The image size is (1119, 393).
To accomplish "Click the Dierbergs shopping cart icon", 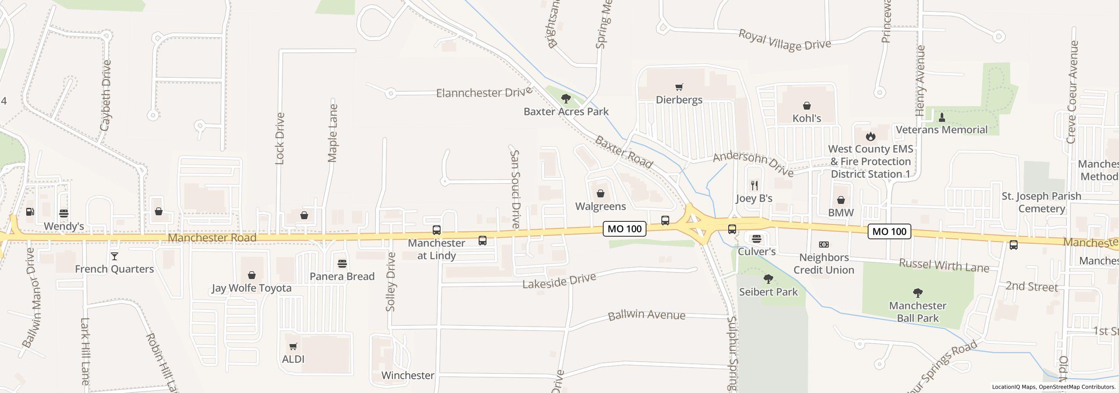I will click(x=679, y=87).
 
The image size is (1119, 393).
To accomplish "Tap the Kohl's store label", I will click(x=806, y=118).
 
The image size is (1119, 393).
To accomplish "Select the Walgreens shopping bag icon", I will click(x=601, y=193).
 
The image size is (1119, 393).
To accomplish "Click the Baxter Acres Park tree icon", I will click(x=566, y=99).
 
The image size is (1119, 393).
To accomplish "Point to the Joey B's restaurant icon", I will click(x=754, y=186).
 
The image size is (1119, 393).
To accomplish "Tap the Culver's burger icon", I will click(x=757, y=239).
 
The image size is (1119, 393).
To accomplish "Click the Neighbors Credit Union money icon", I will click(x=824, y=245).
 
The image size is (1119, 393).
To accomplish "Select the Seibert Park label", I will click(x=768, y=292).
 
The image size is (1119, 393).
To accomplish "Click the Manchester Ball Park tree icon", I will click(x=917, y=293).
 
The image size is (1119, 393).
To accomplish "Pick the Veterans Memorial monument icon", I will click(x=942, y=117).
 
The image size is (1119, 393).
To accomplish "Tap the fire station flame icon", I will click(x=871, y=136).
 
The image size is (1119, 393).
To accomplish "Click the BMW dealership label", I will click(x=841, y=213).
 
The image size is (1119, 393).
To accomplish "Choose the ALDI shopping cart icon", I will click(x=293, y=347).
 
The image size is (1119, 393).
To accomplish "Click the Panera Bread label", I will click(x=342, y=276).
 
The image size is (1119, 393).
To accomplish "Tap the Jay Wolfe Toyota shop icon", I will click(x=251, y=276).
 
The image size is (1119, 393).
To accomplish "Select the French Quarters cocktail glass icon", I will click(x=114, y=256).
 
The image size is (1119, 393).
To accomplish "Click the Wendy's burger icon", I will click(x=64, y=214).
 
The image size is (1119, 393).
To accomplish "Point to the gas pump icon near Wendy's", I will click(x=30, y=212).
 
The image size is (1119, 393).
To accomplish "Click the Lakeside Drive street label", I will click(x=559, y=281).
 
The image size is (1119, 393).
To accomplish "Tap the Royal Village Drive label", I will click(x=784, y=41).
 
